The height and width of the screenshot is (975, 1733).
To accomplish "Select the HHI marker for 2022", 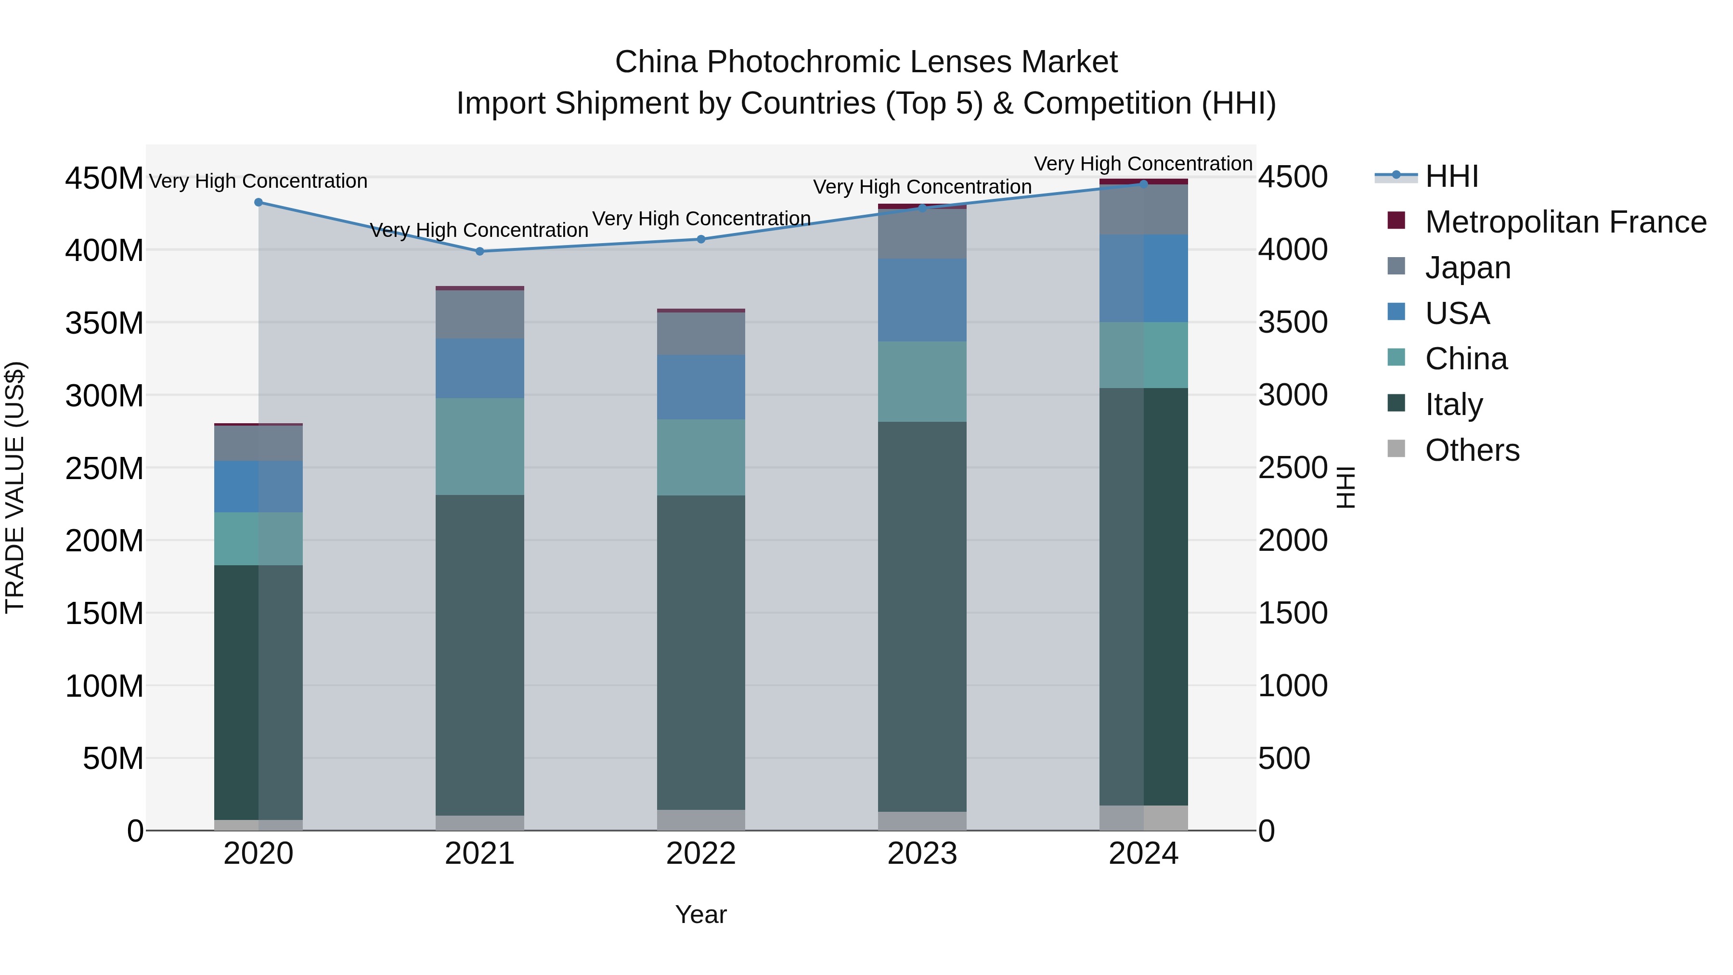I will [701, 239].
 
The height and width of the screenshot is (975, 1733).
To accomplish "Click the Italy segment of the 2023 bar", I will [922, 616].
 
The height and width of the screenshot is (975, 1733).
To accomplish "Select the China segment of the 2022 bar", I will [701, 457].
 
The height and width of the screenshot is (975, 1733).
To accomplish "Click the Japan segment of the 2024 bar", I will [1144, 209].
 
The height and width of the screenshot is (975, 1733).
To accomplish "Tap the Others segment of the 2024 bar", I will [1144, 818].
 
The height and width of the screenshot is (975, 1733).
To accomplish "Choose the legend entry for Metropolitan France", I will [1565, 222].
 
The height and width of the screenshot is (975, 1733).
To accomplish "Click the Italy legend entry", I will [1453, 404].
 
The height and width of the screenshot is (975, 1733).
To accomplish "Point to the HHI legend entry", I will [1451, 176].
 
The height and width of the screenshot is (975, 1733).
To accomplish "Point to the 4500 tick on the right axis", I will [1293, 178].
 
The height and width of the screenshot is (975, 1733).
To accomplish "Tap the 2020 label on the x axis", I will [259, 854].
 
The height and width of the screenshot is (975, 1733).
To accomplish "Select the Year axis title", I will [701, 914].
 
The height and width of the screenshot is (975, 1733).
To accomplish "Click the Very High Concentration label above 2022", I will [701, 219].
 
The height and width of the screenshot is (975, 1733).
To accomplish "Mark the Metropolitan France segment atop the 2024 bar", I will [1144, 181].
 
